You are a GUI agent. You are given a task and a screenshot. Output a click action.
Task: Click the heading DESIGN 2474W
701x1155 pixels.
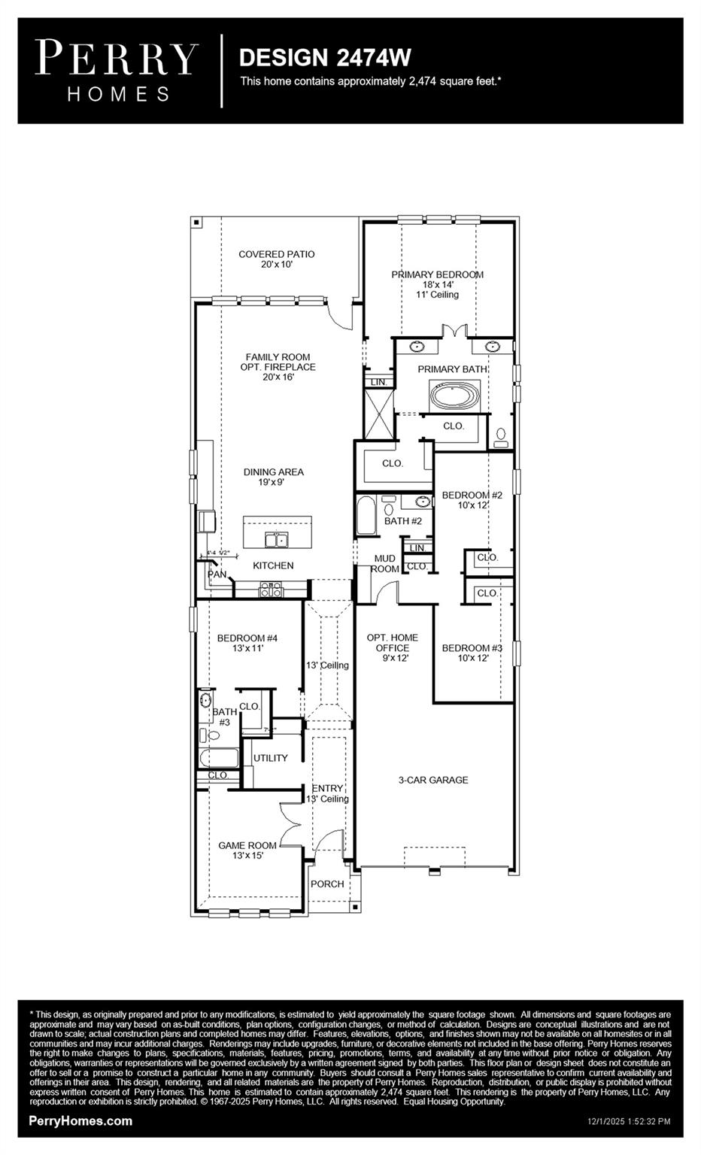(x=324, y=58)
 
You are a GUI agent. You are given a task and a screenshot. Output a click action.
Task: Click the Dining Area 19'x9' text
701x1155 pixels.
(x=273, y=477)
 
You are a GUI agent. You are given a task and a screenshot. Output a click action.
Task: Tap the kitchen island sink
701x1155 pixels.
(x=276, y=539)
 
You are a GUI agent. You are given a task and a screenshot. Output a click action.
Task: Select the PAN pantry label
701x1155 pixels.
(x=217, y=574)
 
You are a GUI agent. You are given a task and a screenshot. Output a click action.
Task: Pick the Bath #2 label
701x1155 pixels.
(x=403, y=520)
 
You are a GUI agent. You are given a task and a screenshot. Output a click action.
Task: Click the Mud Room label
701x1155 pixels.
(x=384, y=564)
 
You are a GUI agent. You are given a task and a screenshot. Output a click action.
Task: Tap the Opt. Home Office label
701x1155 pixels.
(x=392, y=643)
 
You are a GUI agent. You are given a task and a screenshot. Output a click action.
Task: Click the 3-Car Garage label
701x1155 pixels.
(x=432, y=781)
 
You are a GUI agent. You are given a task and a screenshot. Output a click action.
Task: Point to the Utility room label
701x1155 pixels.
(x=270, y=758)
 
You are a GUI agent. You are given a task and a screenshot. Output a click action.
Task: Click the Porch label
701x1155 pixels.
(x=327, y=884)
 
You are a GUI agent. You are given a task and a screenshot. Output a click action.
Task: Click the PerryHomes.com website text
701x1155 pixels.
(x=80, y=1121)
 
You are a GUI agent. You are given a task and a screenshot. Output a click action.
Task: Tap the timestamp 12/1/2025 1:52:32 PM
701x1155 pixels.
(x=628, y=1122)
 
